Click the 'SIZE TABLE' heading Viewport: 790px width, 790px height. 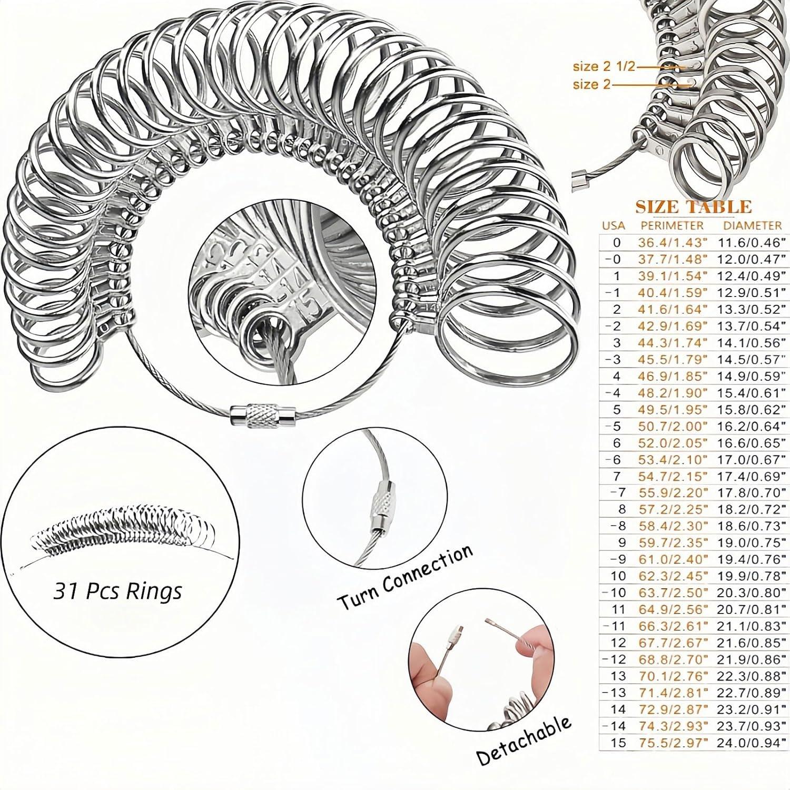click(x=693, y=206)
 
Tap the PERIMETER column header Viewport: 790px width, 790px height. click(x=671, y=225)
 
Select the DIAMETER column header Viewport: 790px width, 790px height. click(x=752, y=225)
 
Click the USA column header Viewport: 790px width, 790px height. click(x=614, y=226)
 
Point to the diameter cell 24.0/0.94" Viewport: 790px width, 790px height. click(x=752, y=743)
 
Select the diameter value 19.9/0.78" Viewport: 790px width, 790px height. click(x=752, y=576)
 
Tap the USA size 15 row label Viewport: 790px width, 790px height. click(x=620, y=743)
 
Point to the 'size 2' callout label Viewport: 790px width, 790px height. click(x=591, y=84)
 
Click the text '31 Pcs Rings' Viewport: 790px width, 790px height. click(x=117, y=591)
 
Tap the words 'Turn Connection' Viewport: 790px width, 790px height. click(x=404, y=576)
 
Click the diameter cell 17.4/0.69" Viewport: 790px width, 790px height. click(x=752, y=476)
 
